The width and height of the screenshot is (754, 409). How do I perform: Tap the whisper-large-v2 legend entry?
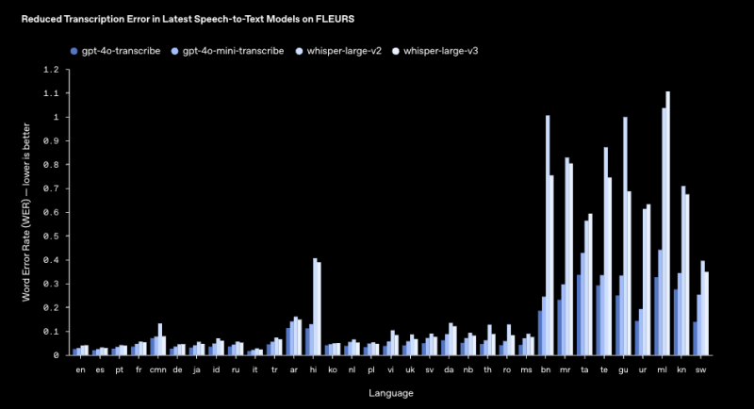tap(339, 50)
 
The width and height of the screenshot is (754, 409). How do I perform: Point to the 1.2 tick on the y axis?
tap(51, 70)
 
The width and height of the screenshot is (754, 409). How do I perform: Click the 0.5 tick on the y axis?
tap(51, 237)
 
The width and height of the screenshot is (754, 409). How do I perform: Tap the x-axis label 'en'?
tap(80, 370)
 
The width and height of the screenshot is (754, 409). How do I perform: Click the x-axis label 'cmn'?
tap(157, 370)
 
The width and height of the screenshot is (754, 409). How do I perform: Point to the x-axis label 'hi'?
tap(313, 370)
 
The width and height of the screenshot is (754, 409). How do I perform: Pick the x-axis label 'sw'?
tap(701, 370)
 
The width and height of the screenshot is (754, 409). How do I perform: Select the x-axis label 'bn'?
tap(546, 370)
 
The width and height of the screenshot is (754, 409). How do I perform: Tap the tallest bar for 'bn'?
tap(548, 236)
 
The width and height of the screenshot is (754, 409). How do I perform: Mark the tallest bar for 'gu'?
tap(625, 237)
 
